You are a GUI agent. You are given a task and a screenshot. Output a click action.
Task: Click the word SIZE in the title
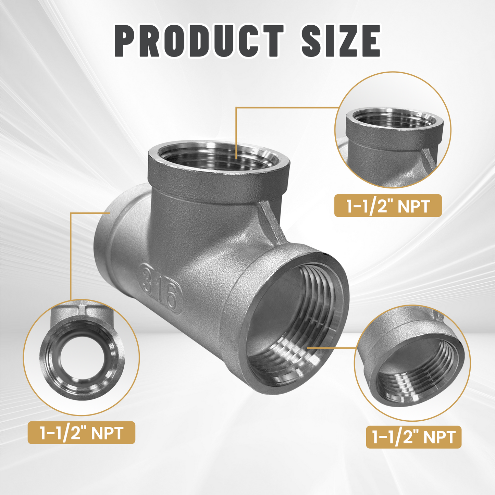(341, 41)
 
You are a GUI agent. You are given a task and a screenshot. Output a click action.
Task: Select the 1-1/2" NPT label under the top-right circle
(388, 206)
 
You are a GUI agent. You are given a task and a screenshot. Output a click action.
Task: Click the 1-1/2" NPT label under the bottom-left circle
(81, 433)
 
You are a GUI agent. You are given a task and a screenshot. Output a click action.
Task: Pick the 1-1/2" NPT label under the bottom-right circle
(413, 437)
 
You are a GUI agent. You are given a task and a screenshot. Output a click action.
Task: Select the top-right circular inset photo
(393, 130)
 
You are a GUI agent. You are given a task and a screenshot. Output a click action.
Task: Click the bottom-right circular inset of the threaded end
(412, 363)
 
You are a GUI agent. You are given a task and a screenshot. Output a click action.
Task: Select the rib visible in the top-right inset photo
(429, 158)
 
